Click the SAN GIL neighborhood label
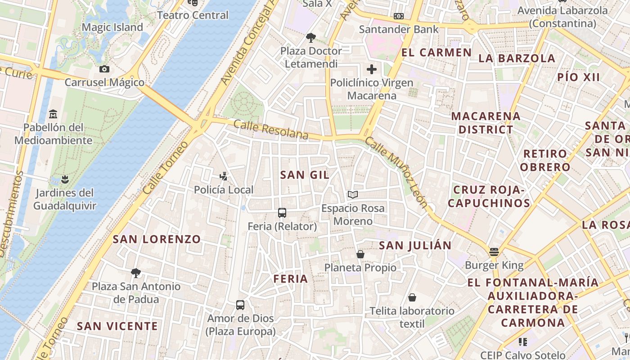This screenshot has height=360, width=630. pyautogui.click(x=305, y=175)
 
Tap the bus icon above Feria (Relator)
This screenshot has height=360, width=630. pyautogui.click(x=282, y=213)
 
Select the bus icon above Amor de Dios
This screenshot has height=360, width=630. pyautogui.click(x=240, y=305)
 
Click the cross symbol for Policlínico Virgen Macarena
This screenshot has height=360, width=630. pyautogui.click(x=372, y=69)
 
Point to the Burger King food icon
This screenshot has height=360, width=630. pyautogui.click(x=494, y=252)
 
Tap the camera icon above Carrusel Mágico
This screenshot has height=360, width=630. pyautogui.click(x=104, y=69)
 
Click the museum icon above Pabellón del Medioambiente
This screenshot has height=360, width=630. pyautogui.click(x=53, y=114)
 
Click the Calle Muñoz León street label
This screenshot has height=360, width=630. pyautogui.click(x=396, y=172)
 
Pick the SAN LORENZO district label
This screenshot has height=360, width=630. pyautogui.click(x=157, y=239)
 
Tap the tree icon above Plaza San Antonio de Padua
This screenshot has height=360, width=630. pyautogui.click(x=136, y=273)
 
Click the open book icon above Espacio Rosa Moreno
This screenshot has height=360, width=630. pyautogui.click(x=353, y=195)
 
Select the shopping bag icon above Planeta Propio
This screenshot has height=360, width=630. pyautogui.click(x=360, y=254)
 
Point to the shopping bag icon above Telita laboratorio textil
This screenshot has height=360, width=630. pyautogui.click(x=412, y=297)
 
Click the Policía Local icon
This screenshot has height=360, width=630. pyautogui.click(x=223, y=176)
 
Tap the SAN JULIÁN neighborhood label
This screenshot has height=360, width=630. pyautogui.click(x=415, y=245)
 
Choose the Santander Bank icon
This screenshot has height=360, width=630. pyautogui.click(x=398, y=16)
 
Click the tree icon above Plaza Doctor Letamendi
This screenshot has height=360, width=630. pyautogui.click(x=310, y=37)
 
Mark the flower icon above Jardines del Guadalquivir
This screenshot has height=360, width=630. pyautogui.click(x=65, y=180)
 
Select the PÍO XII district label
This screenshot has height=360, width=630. pyautogui.click(x=579, y=76)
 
